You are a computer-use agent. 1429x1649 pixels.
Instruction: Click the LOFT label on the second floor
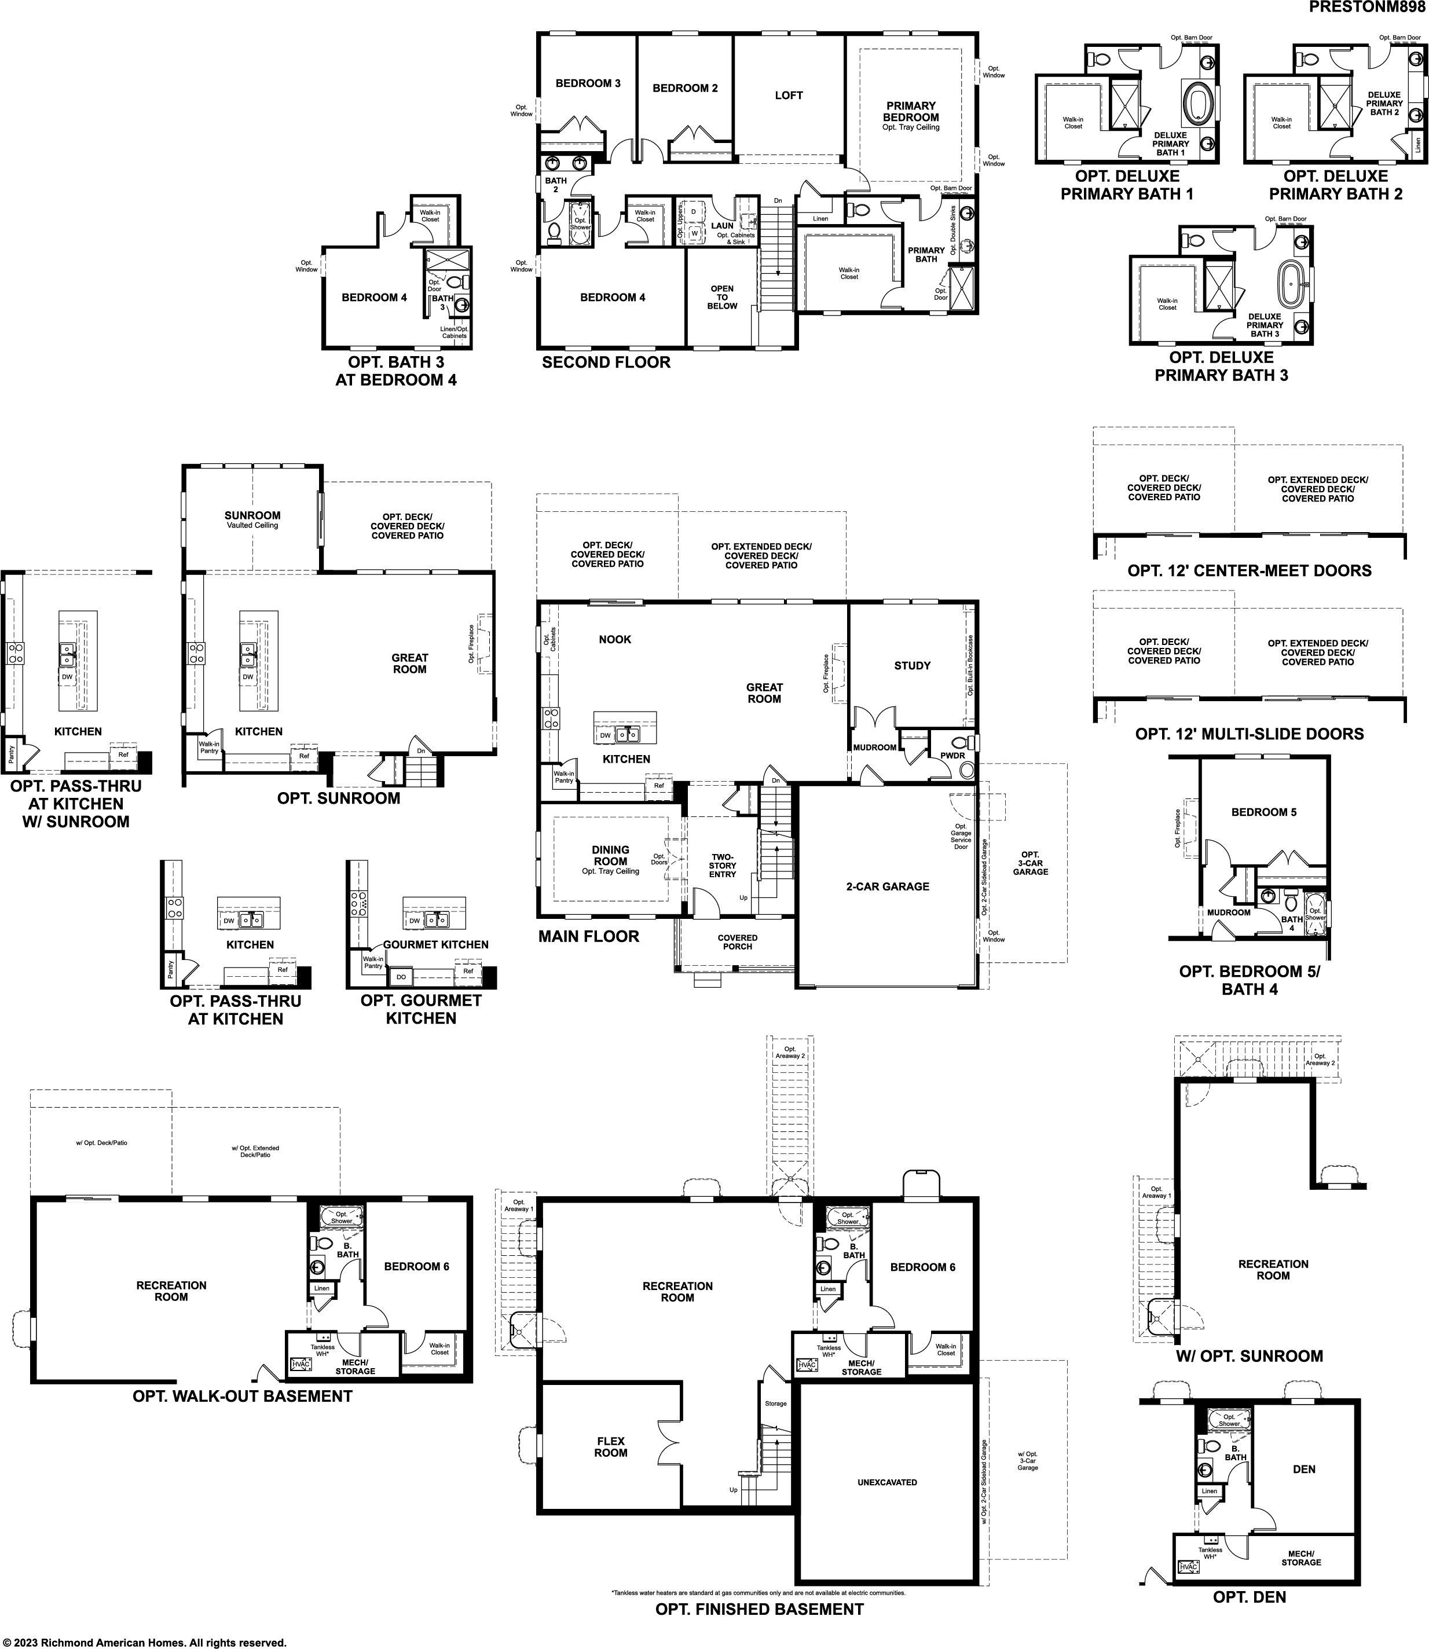point(789,96)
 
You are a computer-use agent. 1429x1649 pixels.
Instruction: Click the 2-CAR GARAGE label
point(888,886)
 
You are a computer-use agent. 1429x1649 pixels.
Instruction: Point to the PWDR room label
point(952,755)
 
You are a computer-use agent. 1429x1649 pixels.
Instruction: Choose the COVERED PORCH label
point(738,941)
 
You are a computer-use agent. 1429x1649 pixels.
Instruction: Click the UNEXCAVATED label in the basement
point(886,1482)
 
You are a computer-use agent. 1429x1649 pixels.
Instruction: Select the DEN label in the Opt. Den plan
point(1304,1469)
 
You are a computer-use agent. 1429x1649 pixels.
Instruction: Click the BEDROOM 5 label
point(1264,812)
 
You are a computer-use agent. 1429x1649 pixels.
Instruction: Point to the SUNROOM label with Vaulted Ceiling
point(252,515)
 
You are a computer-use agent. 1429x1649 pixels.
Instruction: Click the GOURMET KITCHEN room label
point(435,944)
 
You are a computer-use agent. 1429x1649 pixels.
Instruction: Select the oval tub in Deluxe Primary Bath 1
point(1196,103)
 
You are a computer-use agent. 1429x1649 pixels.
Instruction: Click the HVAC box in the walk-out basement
point(301,1364)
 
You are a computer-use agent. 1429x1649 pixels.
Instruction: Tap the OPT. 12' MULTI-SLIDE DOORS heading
point(1250,734)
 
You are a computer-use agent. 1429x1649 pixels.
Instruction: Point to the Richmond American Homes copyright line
point(144,1643)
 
